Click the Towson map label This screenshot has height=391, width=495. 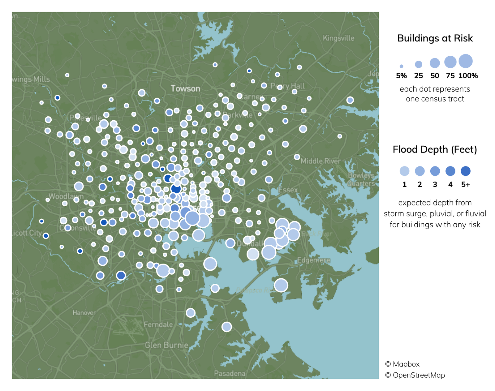tap(185, 89)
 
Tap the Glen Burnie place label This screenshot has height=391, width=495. tap(166, 345)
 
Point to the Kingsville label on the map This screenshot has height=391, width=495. tap(338, 38)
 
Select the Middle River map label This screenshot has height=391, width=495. tap(321, 161)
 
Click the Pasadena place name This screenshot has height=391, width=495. tap(230, 373)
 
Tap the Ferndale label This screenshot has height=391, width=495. tap(158, 324)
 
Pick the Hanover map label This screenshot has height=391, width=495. tap(84, 313)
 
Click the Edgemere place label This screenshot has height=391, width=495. tap(314, 260)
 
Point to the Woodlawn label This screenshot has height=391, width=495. tap(66, 196)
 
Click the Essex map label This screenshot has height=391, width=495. tap(288, 190)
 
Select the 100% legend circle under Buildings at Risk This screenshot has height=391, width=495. tap(466, 61)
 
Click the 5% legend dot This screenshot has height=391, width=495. tap(401, 66)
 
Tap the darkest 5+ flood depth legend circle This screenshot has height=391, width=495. tap(466, 171)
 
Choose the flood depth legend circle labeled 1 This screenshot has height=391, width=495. tap(404, 171)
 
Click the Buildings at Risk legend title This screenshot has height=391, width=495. tap(435, 38)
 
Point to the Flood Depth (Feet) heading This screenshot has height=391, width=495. tap(435, 150)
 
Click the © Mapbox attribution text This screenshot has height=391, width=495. tap(402, 364)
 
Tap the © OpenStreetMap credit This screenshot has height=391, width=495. tap(415, 375)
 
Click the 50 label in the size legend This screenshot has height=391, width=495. tap(435, 76)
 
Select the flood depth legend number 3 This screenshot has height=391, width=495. tap(435, 185)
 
